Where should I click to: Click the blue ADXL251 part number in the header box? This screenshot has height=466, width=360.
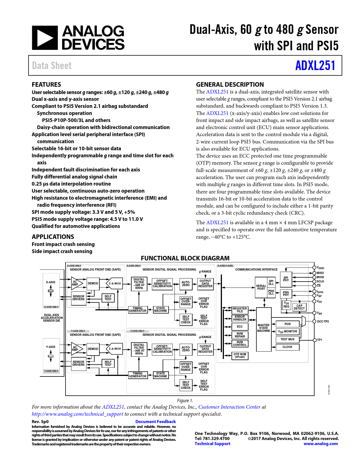point(315,66)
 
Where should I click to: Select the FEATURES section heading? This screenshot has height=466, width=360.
point(46,84)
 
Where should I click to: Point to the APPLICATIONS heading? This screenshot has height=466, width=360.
point(53,237)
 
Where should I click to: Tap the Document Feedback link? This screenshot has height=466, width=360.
point(156,422)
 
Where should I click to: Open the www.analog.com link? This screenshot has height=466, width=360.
point(320,444)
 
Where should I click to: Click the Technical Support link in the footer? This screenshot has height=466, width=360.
point(212,444)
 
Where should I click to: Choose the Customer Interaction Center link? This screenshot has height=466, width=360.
point(229,407)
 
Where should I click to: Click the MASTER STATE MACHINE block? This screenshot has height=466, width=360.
point(263,328)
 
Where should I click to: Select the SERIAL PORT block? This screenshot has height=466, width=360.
point(261,288)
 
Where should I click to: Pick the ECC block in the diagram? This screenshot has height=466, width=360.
point(240,326)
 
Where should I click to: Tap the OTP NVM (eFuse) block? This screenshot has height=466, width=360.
point(240,356)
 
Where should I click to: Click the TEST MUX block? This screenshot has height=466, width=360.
point(287,339)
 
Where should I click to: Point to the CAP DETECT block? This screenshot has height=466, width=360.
point(299,307)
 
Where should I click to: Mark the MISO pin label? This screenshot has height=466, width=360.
point(320,273)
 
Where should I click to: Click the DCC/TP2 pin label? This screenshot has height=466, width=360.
point(323,321)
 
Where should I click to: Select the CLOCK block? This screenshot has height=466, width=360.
point(287,347)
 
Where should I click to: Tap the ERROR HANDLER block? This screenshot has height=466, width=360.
point(240,318)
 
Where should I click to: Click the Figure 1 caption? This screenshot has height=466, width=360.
point(185,400)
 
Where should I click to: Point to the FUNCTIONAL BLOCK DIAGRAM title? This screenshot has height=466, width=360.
point(185,258)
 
